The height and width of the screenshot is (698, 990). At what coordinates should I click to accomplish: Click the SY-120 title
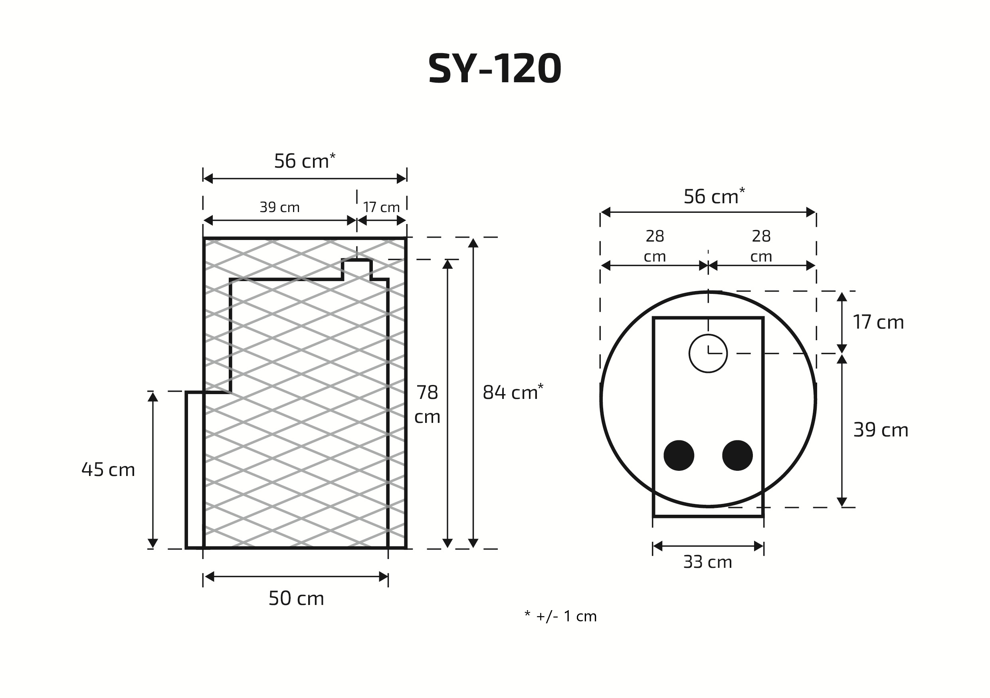495,69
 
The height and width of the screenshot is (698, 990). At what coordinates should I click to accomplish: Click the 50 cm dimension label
296,598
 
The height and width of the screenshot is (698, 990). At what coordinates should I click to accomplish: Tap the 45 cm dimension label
108,470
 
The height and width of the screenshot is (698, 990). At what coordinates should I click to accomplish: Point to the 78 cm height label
427,404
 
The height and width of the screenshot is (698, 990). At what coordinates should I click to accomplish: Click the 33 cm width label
708,562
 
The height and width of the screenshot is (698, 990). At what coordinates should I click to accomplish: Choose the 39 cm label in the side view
279,208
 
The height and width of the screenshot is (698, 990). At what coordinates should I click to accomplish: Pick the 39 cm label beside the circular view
881,430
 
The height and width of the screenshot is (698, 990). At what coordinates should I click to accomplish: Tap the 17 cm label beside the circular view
878,322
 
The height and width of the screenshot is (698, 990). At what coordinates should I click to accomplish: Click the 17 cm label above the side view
381,208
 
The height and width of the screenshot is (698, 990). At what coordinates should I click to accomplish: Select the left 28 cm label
655,246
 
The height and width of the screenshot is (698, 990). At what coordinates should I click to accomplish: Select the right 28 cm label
761,246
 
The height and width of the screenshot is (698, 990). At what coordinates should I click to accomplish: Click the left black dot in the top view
679,455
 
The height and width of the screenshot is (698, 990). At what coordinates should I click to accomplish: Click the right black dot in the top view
737,455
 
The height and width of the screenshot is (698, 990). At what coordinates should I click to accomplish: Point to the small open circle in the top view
708,353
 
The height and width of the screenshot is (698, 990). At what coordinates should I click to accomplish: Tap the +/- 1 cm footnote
560,617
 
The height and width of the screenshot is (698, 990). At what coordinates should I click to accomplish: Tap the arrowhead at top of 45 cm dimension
152,397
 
